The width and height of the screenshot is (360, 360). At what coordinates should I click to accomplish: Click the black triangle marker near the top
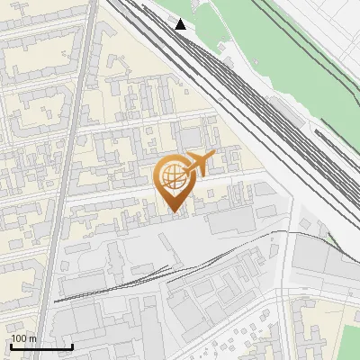pyautogui.click(x=181, y=24)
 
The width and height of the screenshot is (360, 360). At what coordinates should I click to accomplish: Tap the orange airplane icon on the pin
pyautogui.click(x=198, y=164)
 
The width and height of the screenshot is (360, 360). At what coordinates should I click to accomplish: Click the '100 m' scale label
pyautogui.click(x=24, y=338)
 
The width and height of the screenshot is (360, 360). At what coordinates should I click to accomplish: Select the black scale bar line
pyautogui.click(x=41, y=346)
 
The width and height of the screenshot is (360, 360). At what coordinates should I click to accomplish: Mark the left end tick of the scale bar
pyautogui.click(x=12, y=346)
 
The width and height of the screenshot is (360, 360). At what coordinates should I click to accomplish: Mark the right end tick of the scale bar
pyautogui.click(x=72, y=346)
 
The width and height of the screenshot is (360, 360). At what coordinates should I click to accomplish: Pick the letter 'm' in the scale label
pyautogui.click(x=33, y=338)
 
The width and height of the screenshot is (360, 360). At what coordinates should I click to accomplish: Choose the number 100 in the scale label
pyautogui.click(x=20, y=338)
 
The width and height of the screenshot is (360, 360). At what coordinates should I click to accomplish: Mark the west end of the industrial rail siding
pyautogui.click(x=57, y=301)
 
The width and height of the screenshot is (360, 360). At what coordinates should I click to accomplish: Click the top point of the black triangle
pyautogui.click(x=181, y=19)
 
